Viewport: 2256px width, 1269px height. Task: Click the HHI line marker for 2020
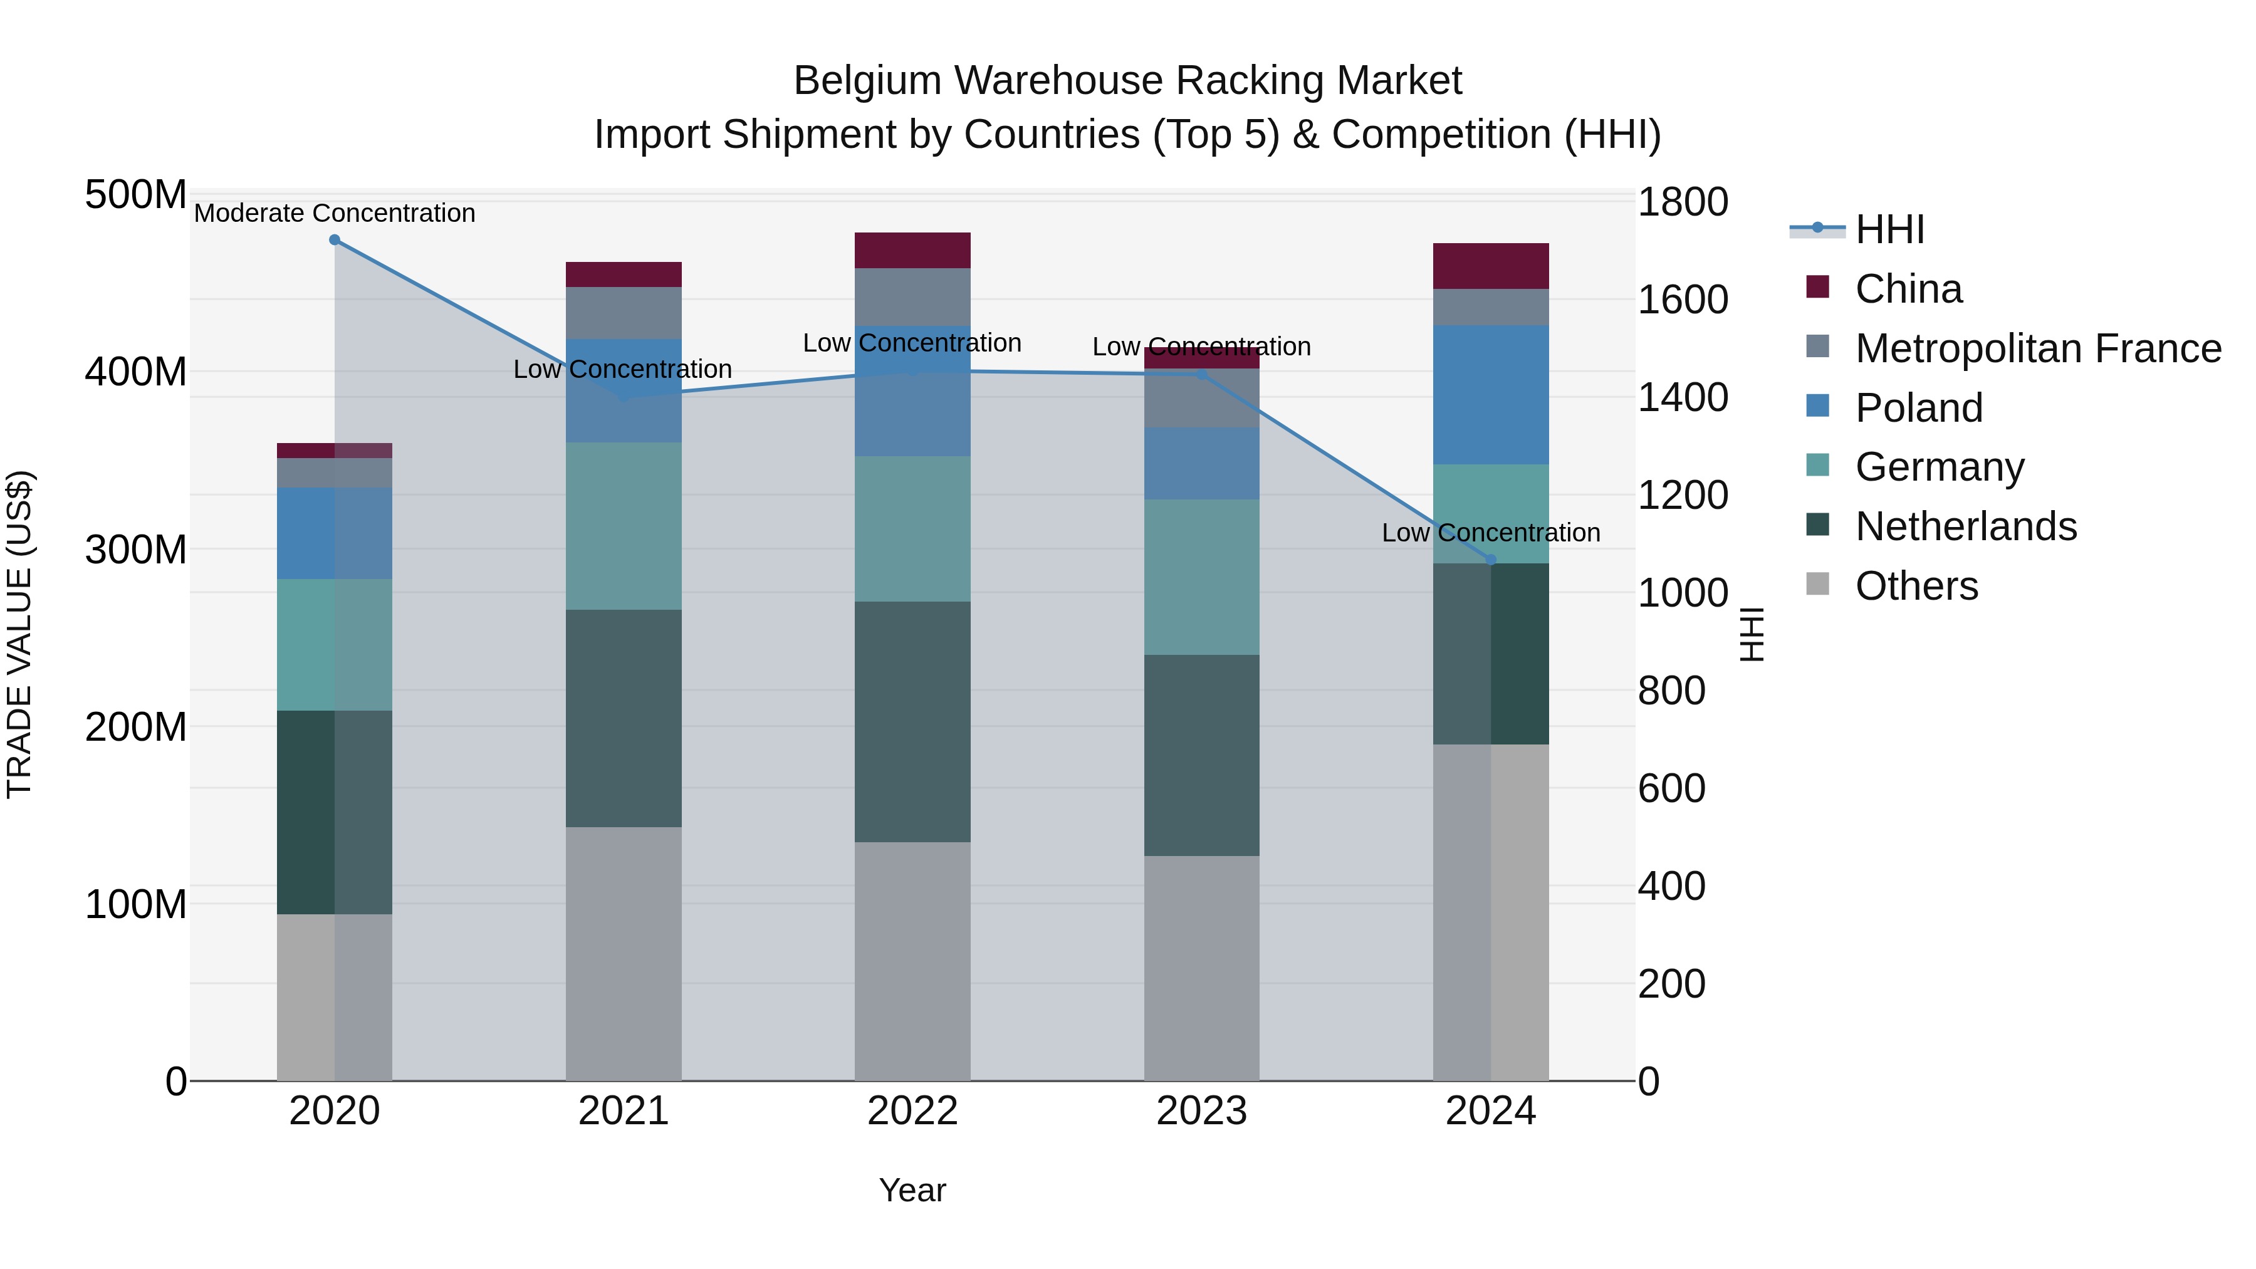coord(335,240)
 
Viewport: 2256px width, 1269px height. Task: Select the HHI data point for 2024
coord(1491,560)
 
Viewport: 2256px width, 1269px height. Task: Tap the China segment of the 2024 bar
coord(1491,266)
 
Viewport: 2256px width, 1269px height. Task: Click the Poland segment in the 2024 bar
coord(1491,394)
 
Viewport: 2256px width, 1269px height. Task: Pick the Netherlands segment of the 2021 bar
coord(624,718)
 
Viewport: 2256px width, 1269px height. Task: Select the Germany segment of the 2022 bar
coord(912,528)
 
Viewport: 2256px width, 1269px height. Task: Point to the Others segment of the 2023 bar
coord(1201,968)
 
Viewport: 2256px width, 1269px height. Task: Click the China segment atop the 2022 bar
coord(912,251)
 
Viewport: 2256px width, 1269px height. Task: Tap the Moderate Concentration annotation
coord(335,214)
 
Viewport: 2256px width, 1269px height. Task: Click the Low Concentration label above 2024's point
coord(1491,533)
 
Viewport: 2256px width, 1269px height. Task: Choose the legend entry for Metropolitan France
coord(2038,348)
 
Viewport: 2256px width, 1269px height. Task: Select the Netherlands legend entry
coord(1965,526)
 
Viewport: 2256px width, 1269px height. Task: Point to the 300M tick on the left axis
coord(136,550)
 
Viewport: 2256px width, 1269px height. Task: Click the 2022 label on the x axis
coord(912,1111)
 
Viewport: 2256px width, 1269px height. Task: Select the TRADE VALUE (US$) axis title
coord(19,634)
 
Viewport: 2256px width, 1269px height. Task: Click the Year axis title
coord(912,1190)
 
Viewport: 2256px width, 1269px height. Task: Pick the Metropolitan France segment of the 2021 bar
coord(624,313)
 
